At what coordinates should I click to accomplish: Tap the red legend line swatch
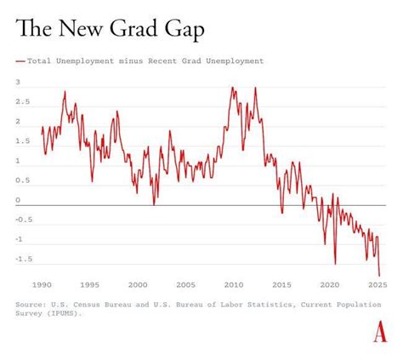coord(20,61)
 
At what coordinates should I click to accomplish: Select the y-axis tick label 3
coord(18,83)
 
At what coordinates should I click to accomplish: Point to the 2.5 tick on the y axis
coord(22,102)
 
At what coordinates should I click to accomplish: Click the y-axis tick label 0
coord(18,200)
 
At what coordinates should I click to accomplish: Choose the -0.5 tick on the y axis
coord(24,220)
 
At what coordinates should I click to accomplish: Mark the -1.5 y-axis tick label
coord(24,259)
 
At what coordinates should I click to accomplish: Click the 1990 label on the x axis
coord(42,285)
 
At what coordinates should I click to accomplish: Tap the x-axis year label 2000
coord(139,285)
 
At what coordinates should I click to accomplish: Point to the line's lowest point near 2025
coord(379,275)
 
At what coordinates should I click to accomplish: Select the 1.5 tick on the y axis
coord(22,141)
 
